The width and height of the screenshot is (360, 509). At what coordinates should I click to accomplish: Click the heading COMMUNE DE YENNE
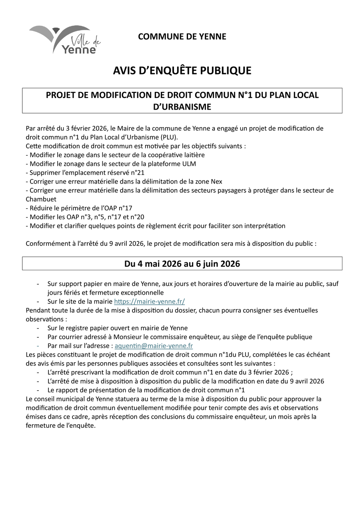[182, 36]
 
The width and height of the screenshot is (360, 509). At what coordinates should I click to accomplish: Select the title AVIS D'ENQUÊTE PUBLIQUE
[182, 71]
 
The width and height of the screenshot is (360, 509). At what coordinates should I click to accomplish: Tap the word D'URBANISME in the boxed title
[182, 107]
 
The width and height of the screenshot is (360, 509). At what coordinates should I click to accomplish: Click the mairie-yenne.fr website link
[149, 301]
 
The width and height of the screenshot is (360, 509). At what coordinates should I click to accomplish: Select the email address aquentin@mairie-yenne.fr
[154, 346]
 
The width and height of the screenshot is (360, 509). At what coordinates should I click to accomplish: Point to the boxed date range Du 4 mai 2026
[182, 264]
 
